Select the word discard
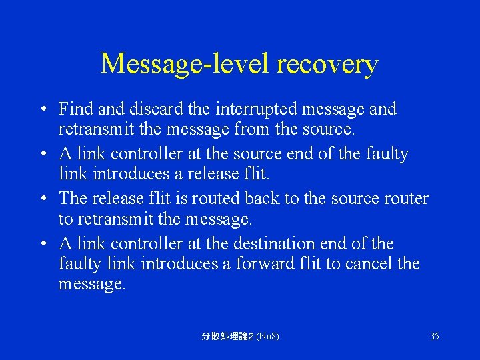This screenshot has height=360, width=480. [159, 108]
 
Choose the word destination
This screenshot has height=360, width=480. [277, 243]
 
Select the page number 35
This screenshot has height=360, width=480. [434, 336]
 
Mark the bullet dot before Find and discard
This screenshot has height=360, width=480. [42, 109]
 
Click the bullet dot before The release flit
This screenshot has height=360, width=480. [42, 199]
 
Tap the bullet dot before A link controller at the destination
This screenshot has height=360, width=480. [42, 244]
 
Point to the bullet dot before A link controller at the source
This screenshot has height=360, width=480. [42, 154]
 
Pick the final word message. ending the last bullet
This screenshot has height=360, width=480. [91, 284]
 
